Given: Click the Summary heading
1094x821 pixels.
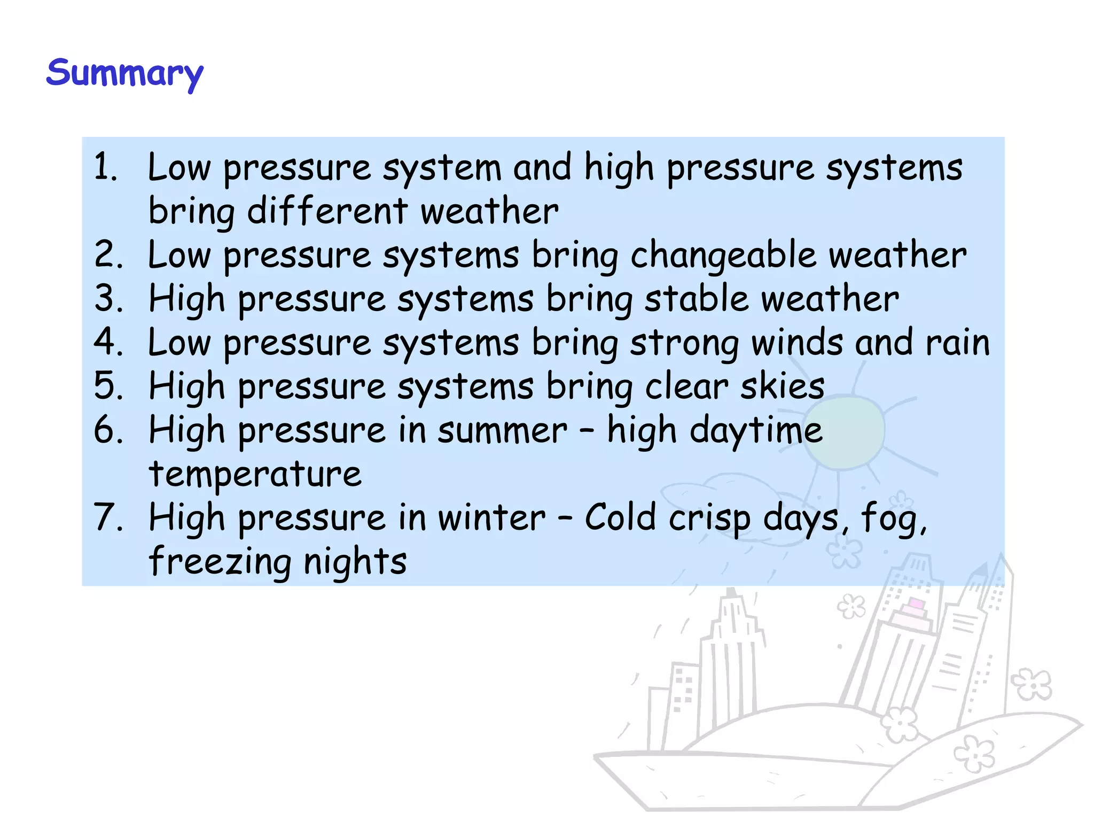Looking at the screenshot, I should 124,73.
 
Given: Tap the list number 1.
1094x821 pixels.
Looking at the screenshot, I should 105,167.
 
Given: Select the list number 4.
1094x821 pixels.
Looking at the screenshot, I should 107,342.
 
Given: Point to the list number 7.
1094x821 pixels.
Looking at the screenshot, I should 107,517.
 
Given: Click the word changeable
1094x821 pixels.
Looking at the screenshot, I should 723,255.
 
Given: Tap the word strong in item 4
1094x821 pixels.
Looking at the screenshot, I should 684,343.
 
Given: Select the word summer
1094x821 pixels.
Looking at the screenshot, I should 502,430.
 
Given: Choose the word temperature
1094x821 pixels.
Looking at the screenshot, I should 255,474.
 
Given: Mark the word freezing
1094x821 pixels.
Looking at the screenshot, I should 220,562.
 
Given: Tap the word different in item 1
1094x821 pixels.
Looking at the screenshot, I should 327,211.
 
